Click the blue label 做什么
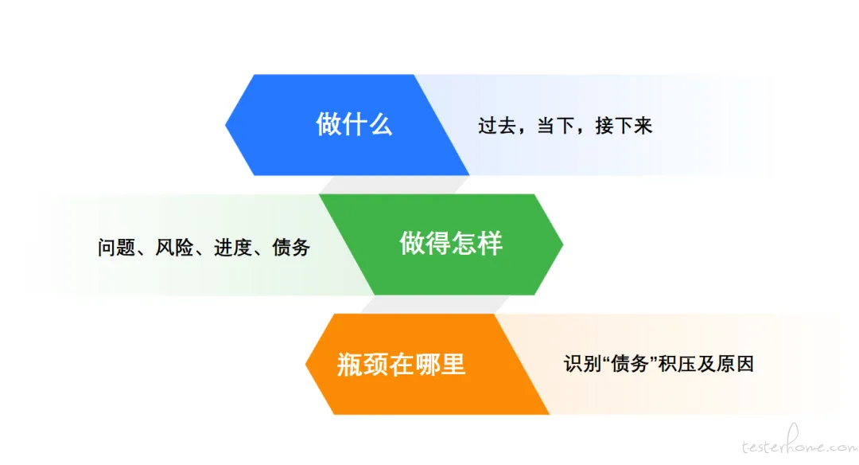[354, 124]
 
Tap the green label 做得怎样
[450, 244]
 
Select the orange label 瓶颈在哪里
[401, 364]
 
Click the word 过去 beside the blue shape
[497, 126]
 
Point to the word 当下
[555, 126]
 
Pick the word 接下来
[624, 126]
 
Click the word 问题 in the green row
[117, 248]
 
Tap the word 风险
[174, 248]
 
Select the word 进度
[233, 248]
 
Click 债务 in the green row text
[291, 248]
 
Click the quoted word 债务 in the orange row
[630, 364]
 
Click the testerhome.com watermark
[799, 442]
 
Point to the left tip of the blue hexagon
[225, 124]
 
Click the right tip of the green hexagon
[563, 244]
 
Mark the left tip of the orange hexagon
[305, 364]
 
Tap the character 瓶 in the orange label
[349, 364]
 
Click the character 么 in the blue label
[380, 124]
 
